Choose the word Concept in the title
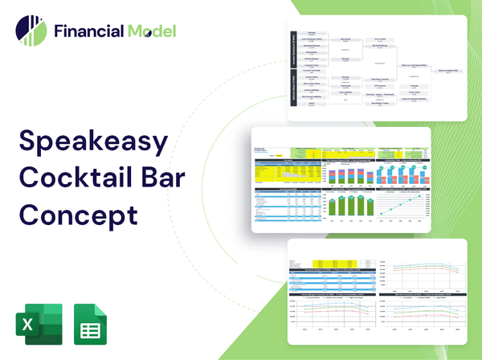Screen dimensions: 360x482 coord(79,215)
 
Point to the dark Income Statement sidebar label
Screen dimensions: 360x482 coord(292,49)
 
